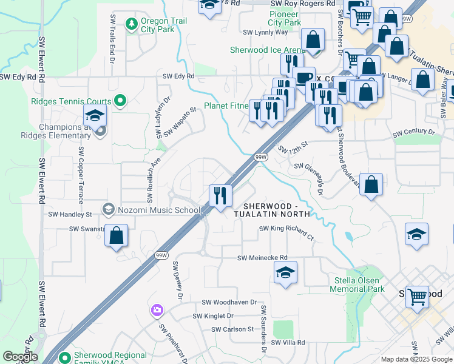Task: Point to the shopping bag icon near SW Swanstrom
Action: tap(116, 235)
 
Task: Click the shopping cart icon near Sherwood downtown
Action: tap(416, 297)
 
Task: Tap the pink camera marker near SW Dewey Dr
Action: tap(157, 311)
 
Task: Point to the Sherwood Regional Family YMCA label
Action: tap(110, 359)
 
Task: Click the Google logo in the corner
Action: tap(19, 357)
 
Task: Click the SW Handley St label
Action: tap(70, 214)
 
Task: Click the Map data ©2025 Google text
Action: tap(416, 359)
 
